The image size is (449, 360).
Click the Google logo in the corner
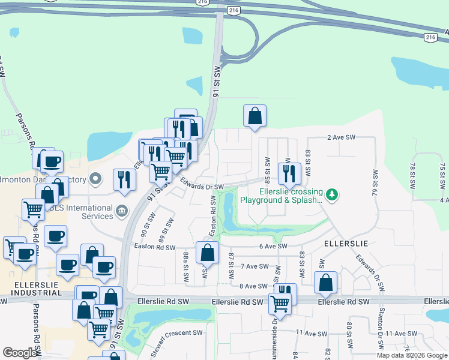click(20, 353)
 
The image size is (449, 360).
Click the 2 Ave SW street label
click(342, 137)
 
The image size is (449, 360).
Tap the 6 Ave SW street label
click(273, 247)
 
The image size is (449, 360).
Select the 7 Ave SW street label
click(254, 266)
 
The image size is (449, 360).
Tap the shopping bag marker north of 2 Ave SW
click(255, 116)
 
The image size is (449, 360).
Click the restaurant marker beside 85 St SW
click(289, 173)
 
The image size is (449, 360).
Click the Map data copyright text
click(412, 355)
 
